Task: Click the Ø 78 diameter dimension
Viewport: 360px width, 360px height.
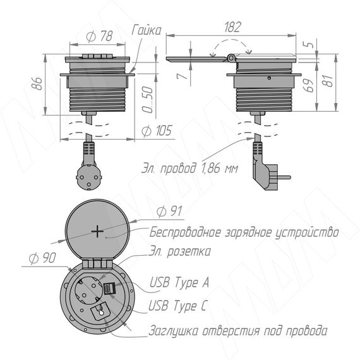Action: coord(100,37)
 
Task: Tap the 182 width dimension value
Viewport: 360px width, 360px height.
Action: coord(233,27)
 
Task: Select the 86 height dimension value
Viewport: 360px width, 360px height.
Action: coord(37,83)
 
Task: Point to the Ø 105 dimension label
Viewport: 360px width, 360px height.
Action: coord(157,131)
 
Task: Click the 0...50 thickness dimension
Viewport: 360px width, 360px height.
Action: coord(147,99)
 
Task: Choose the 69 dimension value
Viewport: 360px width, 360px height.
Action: coord(309,85)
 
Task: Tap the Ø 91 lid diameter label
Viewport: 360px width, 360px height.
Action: coord(170,211)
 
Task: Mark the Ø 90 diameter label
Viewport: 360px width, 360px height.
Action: coord(42,258)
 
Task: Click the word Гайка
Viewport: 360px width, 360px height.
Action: coord(147,30)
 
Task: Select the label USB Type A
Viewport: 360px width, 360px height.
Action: coord(179,282)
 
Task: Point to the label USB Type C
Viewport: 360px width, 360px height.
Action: coord(178,306)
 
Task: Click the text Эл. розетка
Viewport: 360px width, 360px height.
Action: coord(180,251)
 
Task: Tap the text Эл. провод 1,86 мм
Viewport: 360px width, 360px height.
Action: coord(189,168)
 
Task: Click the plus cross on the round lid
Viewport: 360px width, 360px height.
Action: coord(97,231)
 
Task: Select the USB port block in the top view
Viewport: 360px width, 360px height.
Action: coord(109,289)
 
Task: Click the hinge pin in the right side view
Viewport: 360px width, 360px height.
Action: coord(231,58)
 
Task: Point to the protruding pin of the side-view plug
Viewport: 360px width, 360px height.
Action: coord(284,177)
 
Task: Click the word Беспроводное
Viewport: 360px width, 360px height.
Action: coord(185,232)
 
